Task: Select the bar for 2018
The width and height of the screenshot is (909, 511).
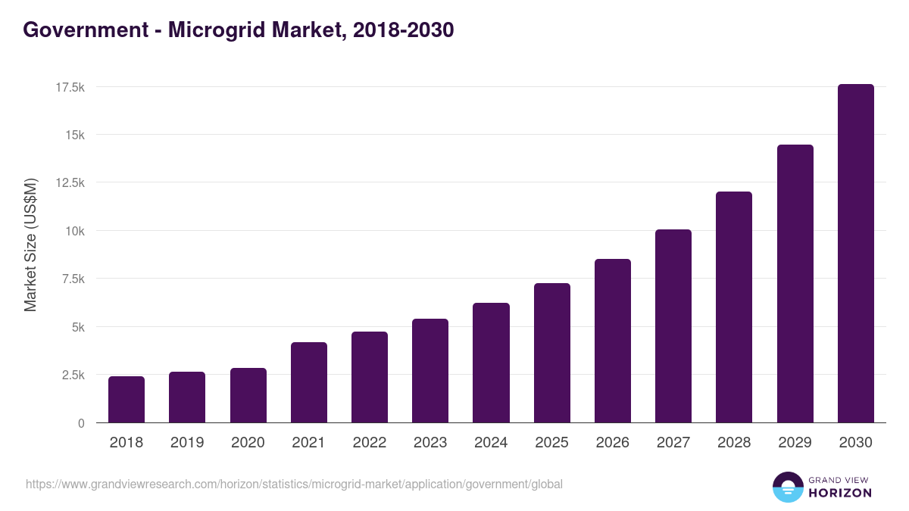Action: coord(127,400)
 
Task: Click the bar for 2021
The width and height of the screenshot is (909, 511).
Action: coord(308,382)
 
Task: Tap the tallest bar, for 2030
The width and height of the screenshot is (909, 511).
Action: coord(855,254)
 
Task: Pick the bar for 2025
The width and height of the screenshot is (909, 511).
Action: coord(551,353)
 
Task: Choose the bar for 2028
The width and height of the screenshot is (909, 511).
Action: coord(734,307)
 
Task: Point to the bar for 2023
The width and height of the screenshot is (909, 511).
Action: coord(430,371)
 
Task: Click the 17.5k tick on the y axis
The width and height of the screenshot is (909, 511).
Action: coord(70,87)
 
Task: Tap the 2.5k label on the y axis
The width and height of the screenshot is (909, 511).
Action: coord(73,375)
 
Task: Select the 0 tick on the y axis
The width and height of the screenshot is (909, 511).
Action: coord(80,423)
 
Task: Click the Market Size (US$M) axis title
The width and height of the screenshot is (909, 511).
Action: coord(30,245)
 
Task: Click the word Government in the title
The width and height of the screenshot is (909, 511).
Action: coord(85,30)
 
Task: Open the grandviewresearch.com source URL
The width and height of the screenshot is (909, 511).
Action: coord(294,484)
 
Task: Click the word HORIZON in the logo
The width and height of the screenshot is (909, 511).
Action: coord(839,493)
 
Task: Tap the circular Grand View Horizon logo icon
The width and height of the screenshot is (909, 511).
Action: coord(787,487)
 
